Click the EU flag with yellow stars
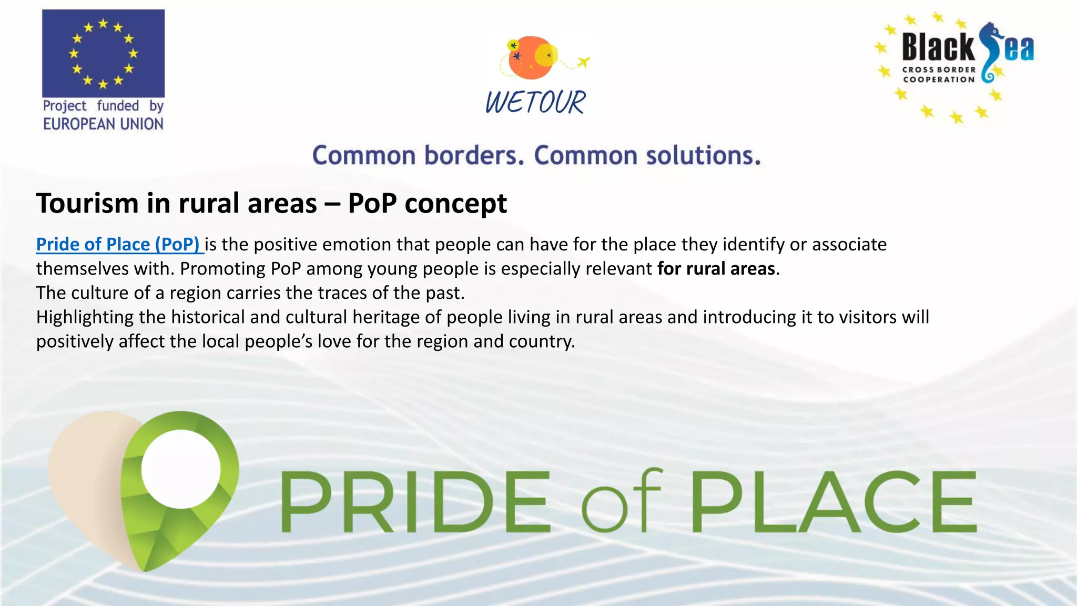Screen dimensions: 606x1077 tap(103, 53)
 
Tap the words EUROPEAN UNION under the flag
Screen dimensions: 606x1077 tap(103, 124)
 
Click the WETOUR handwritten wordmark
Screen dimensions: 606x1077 tap(535, 102)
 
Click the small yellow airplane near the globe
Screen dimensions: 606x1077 tap(583, 63)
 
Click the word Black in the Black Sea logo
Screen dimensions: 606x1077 tap(938, 47)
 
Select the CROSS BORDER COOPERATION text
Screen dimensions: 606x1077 tap(939, 75)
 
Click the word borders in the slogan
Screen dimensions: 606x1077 tap(474, 156)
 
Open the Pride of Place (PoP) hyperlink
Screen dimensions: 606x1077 tap(118, 245)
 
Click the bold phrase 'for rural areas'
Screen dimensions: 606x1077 tap(716, 269)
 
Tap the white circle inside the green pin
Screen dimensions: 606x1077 tap(181, 469)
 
